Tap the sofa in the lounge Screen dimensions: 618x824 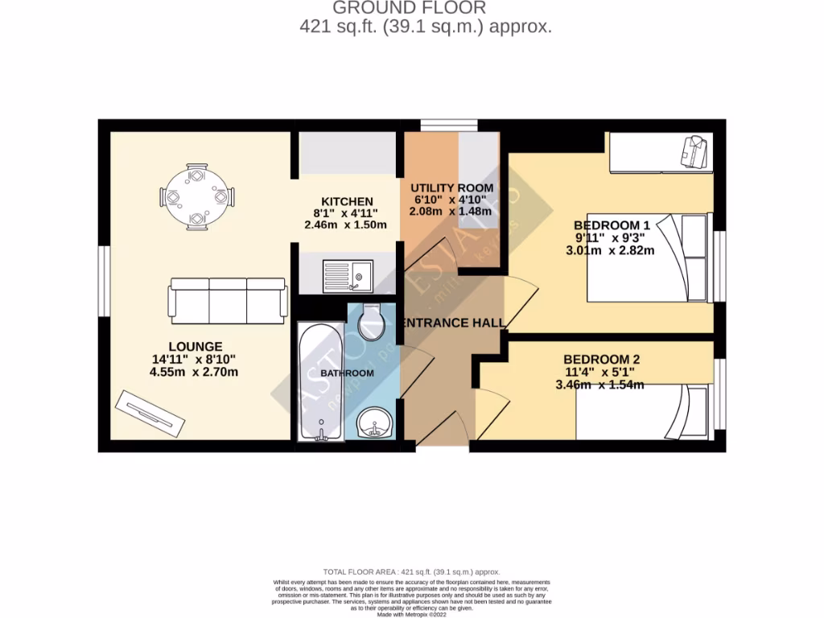pos(228,300)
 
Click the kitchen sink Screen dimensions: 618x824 pos(347,276)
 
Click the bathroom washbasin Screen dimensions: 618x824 pos(374,422)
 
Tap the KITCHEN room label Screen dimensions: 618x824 pos(347,201)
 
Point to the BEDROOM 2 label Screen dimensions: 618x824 pos(601,359)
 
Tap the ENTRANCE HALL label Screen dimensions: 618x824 pos(455,323)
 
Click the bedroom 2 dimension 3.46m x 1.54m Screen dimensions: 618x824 pos(599,385)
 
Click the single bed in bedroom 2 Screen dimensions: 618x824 pos(644,412)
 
